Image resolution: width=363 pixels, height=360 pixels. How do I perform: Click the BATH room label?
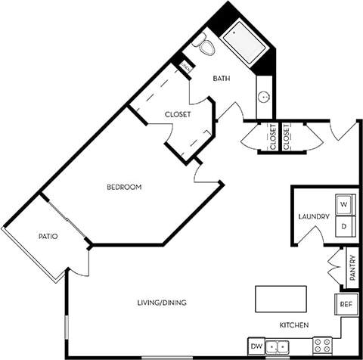click(222, 78)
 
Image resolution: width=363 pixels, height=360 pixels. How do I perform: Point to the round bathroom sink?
click(263, 97)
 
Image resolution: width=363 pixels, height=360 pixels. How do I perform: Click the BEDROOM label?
click(124, 187)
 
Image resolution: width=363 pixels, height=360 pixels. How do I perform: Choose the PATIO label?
click(48, 237)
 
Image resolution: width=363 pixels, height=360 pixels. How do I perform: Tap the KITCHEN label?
click(294, 324)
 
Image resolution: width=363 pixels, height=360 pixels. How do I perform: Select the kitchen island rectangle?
click(281, 298)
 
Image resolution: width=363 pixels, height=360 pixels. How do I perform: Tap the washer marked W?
click(343, 204)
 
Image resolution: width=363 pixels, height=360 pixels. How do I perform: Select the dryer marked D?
click(343, 225)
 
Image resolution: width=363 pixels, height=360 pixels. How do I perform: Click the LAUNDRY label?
click(313, 217)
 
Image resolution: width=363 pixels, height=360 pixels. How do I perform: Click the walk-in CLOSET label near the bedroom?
click(177, 114)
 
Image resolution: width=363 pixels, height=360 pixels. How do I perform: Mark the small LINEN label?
click(186, 67)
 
